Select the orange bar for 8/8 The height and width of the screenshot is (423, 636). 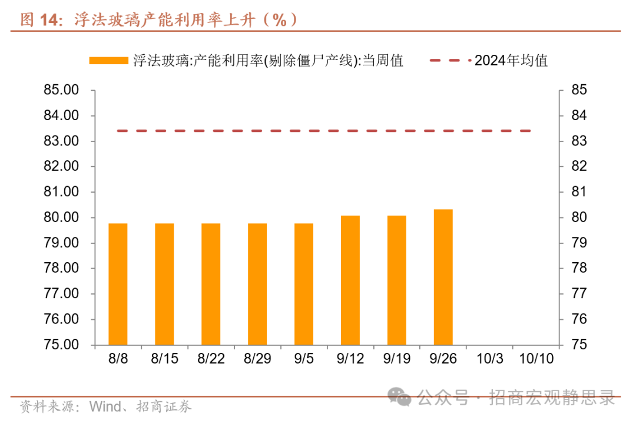[118, 284]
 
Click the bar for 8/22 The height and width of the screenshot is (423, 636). [211, 284]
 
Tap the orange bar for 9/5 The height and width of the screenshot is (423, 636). [304, 284]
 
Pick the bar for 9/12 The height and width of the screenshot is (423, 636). [350, 280]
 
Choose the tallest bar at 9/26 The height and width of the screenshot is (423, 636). [443, 277]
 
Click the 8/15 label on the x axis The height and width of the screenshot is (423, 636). [164, 359]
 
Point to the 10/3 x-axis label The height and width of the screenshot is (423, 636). [489, 359]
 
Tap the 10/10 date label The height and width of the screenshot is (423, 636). [536, 359]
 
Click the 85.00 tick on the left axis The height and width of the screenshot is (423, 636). [61, 90]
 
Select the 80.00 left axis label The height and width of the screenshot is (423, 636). [61, 217]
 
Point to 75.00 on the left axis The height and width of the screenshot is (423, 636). [61, 345]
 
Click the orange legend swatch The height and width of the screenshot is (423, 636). [109, 60]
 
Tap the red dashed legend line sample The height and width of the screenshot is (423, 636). [450, 60]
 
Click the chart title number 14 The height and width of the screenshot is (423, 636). [51, 19]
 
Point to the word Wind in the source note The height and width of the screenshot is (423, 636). [104, 407]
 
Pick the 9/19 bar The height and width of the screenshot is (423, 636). [397, 280]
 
